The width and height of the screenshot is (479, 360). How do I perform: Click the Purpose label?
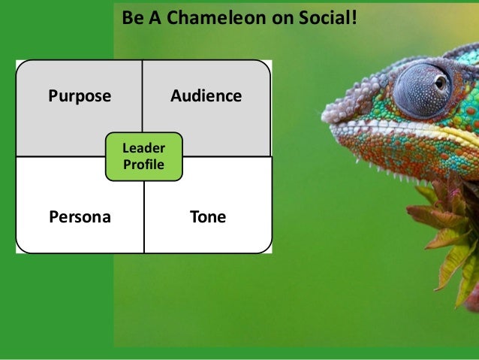point(80,96)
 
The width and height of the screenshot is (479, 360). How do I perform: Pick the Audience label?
point(206,96)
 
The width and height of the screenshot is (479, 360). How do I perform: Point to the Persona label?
point(80,218)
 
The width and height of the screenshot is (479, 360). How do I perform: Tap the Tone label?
point(208,218)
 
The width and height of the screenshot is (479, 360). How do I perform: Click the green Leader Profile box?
point(143,157)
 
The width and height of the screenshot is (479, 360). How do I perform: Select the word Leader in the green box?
point(143,150)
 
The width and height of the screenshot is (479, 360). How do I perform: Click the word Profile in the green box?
point(143,165)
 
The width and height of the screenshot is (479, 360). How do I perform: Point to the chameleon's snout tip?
point(326,116)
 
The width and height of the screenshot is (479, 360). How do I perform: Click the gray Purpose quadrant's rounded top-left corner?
point(23,67)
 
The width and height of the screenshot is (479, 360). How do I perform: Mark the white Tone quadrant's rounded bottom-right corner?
point(264,247)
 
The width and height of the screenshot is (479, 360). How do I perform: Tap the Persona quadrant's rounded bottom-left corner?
point(23,247)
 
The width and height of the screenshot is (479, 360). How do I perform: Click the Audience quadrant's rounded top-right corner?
point(264,67)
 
